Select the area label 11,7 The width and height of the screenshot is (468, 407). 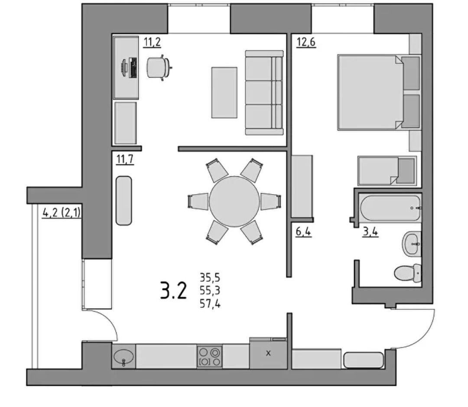coord(125,160)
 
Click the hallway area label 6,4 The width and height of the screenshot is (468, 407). coord(303,232)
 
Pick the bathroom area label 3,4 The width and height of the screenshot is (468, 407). coord(370,232)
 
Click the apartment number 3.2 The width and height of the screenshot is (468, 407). coord(173,291)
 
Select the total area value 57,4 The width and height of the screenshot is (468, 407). coord(210,304)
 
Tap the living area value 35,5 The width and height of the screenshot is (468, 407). coord(210,277)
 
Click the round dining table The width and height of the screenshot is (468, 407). coord(234,202)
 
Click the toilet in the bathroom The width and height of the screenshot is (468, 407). coord(408,273)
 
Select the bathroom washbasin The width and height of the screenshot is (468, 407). coord(412,244)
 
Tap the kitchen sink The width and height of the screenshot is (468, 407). coord(123,357)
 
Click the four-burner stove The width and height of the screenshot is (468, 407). coord(209,357)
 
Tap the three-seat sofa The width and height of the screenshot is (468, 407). coord(264,93)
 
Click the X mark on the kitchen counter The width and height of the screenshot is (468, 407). coord(268,353)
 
